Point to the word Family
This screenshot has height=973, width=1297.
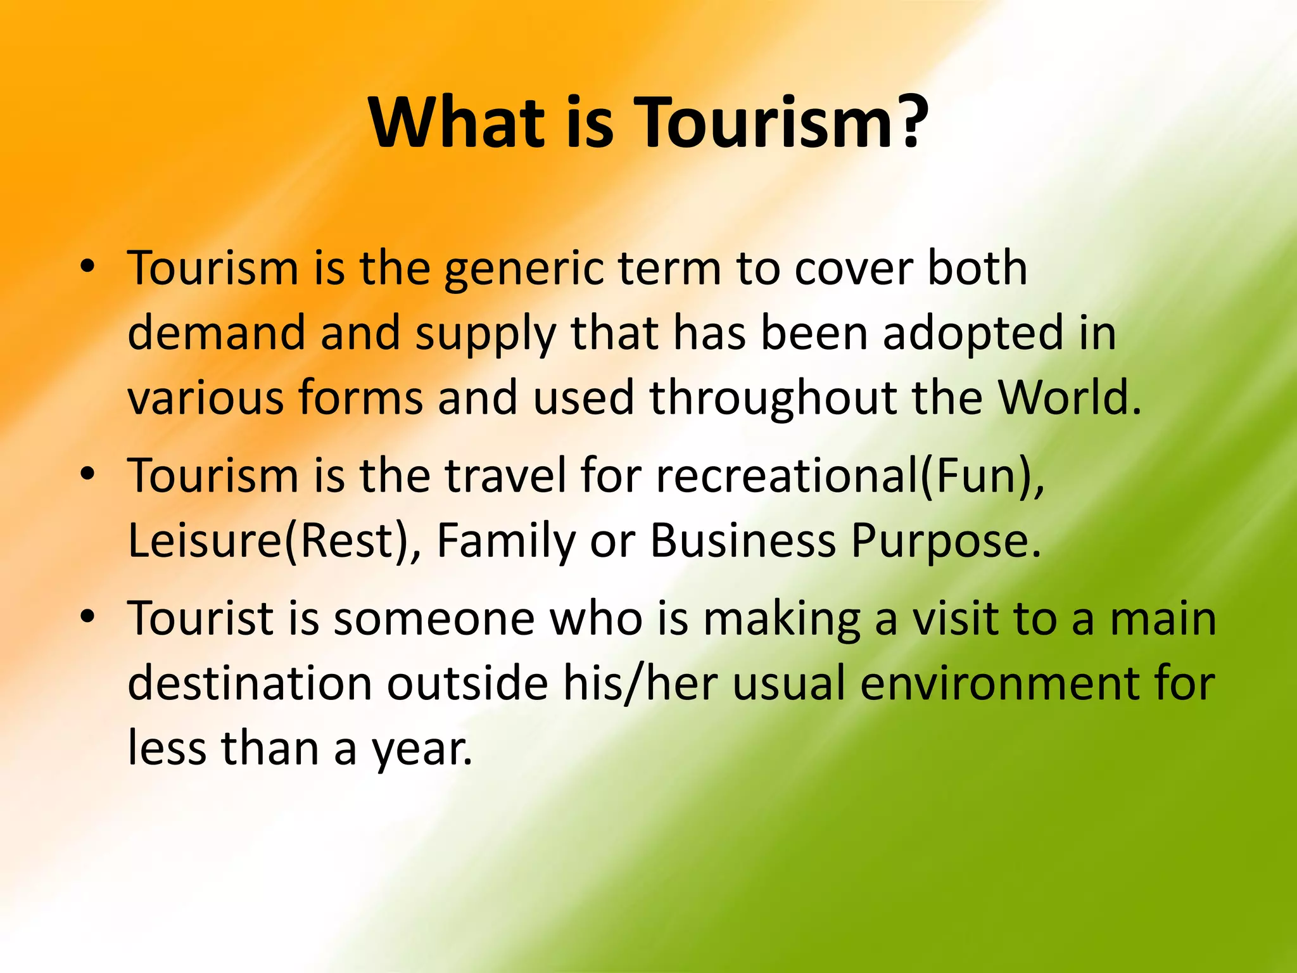tap(506, 542)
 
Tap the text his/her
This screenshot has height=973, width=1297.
tap(640, 684)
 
